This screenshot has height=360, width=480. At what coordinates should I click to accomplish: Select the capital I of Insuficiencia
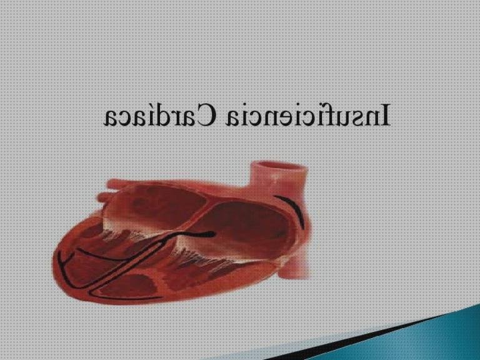click(385, 116)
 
